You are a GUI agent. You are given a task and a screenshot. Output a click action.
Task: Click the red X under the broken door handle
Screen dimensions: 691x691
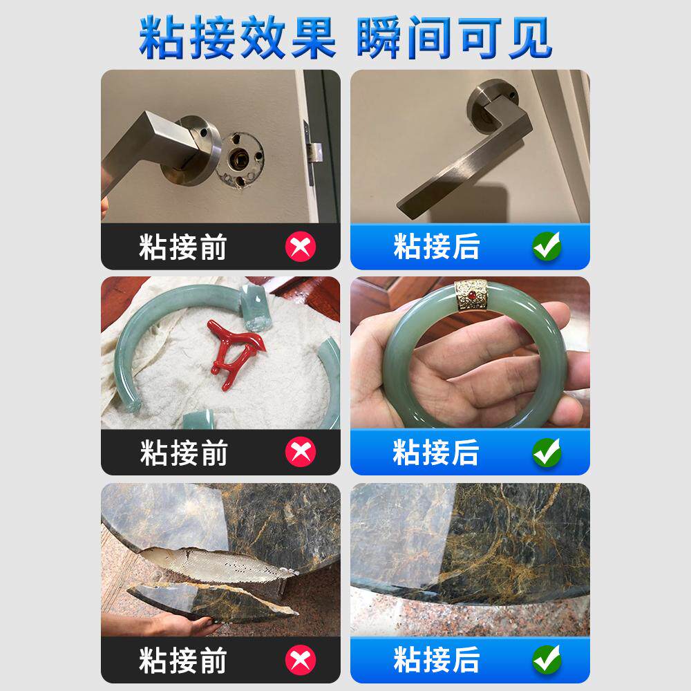click(301, 246)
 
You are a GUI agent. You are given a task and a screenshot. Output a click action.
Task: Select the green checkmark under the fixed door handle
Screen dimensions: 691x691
click(547, 246)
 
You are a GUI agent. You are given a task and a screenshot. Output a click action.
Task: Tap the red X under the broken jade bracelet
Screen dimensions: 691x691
click(301, 452)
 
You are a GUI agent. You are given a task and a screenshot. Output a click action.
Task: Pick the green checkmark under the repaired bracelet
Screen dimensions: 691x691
click(547, 452)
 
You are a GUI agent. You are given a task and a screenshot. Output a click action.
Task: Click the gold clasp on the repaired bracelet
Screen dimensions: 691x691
click(470, 296)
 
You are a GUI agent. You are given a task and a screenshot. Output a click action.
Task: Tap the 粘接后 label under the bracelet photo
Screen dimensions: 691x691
click(435, 452)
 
